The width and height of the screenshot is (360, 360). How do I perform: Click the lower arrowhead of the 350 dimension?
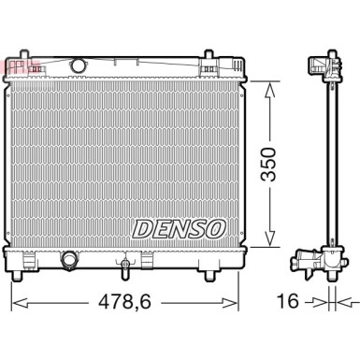pos(270,244)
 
